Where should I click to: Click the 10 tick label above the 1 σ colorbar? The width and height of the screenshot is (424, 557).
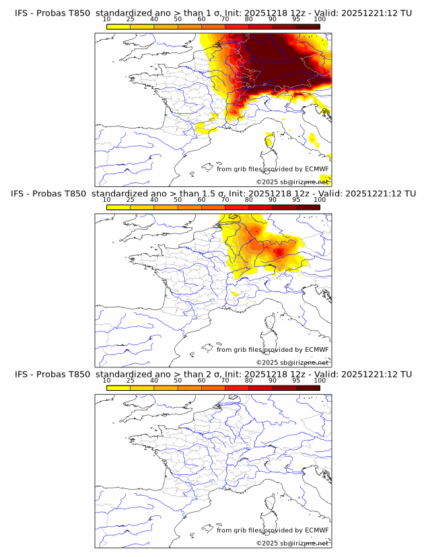[x=106, y=19]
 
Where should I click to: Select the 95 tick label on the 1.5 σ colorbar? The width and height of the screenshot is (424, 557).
[x=296, y=200]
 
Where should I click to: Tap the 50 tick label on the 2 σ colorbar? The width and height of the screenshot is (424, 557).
[x=178, y=380]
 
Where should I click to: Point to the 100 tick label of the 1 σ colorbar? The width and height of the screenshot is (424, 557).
[x=320, y=19]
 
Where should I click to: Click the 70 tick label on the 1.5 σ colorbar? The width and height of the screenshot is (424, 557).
[x=225, y=200]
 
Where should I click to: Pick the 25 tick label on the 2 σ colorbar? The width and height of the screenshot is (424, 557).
[x=130, y=380]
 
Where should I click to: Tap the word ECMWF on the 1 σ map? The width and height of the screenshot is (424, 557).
[x=317, y=169]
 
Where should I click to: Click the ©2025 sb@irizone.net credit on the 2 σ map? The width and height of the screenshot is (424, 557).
[x=292, y=543]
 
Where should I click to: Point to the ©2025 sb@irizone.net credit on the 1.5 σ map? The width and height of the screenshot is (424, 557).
[x=292, y=363]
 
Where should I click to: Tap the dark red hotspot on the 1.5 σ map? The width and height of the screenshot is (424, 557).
[x=278, y=250]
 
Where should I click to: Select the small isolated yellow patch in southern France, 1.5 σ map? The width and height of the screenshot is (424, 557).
[x=235, y=294]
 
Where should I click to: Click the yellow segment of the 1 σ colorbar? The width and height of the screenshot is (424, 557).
[x=118, y=26]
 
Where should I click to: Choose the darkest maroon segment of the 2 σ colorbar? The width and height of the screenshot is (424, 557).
[x=308, y=387]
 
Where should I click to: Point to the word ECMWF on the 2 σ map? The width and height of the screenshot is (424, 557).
[x=317, y=530]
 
